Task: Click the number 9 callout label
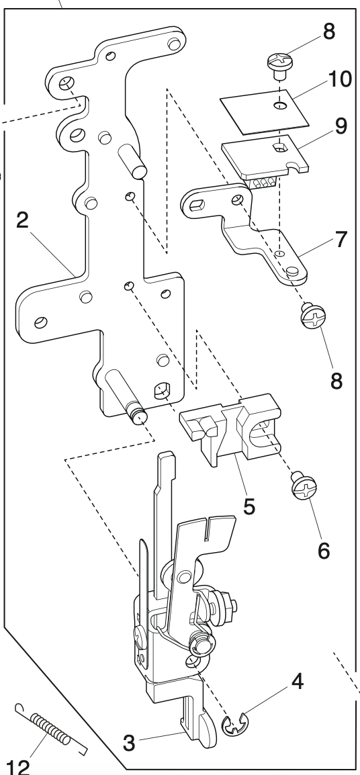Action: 342,128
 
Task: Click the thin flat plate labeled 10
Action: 264,109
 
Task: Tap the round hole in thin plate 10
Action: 279,105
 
